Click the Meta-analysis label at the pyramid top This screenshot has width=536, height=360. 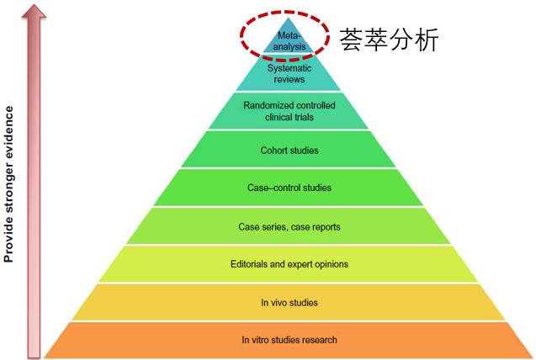[x=289, y=41]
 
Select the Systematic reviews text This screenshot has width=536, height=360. [x=289, y=72]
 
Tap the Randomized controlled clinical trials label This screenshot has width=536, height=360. [x=289, y=111]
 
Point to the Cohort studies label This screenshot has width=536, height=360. [x=289, y=151]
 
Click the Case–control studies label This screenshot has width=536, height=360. [x=289, y=188]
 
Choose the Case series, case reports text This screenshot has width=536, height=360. [x=289, y=226]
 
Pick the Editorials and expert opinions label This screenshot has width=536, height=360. [x=289, y=264]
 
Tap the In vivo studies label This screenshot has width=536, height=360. [x=289, y=302]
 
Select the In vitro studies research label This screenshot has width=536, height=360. [x=289, y=340]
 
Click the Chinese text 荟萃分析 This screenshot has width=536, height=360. [x=389, y=40]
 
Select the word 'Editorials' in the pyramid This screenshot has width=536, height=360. [x=251, y=264]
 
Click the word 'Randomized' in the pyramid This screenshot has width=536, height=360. [x=268, y=105]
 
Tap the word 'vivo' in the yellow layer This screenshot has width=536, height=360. [x=284, y=302]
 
